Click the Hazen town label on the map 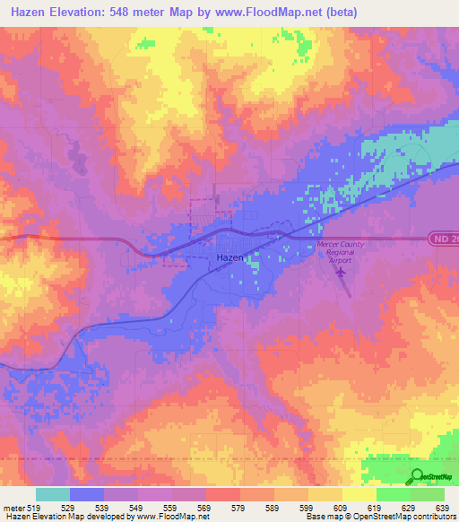pos(230,257)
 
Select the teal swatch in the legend pos(52,494)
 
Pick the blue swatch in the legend pos(87,494)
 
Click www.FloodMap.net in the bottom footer pos(174,517)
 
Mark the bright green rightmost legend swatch pos(428,494)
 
